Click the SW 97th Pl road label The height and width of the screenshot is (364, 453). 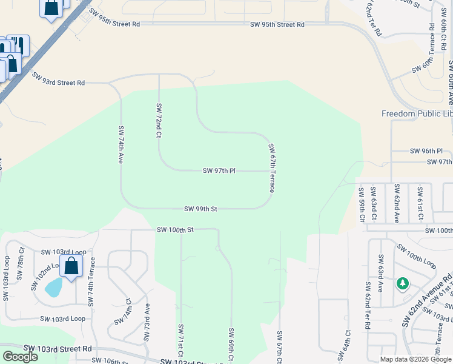[x=219, y=172]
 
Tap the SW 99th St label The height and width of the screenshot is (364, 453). [x=200, y=209]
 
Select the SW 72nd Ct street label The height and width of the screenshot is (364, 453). [x=159, y=121]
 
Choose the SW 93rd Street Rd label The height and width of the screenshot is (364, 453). [x=58, y=79]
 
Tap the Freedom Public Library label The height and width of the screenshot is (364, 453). [x=417, y=114]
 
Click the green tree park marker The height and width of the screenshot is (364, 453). [x=402, y=284]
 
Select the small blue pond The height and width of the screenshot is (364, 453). [x=53, y=286]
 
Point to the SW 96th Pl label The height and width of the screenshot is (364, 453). [x=426, y=151]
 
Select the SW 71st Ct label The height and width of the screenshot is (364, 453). [x=180, y=341]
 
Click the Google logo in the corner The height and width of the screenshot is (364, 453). [x=20, y=357]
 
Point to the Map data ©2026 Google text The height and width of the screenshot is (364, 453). [x=415, y=359]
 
